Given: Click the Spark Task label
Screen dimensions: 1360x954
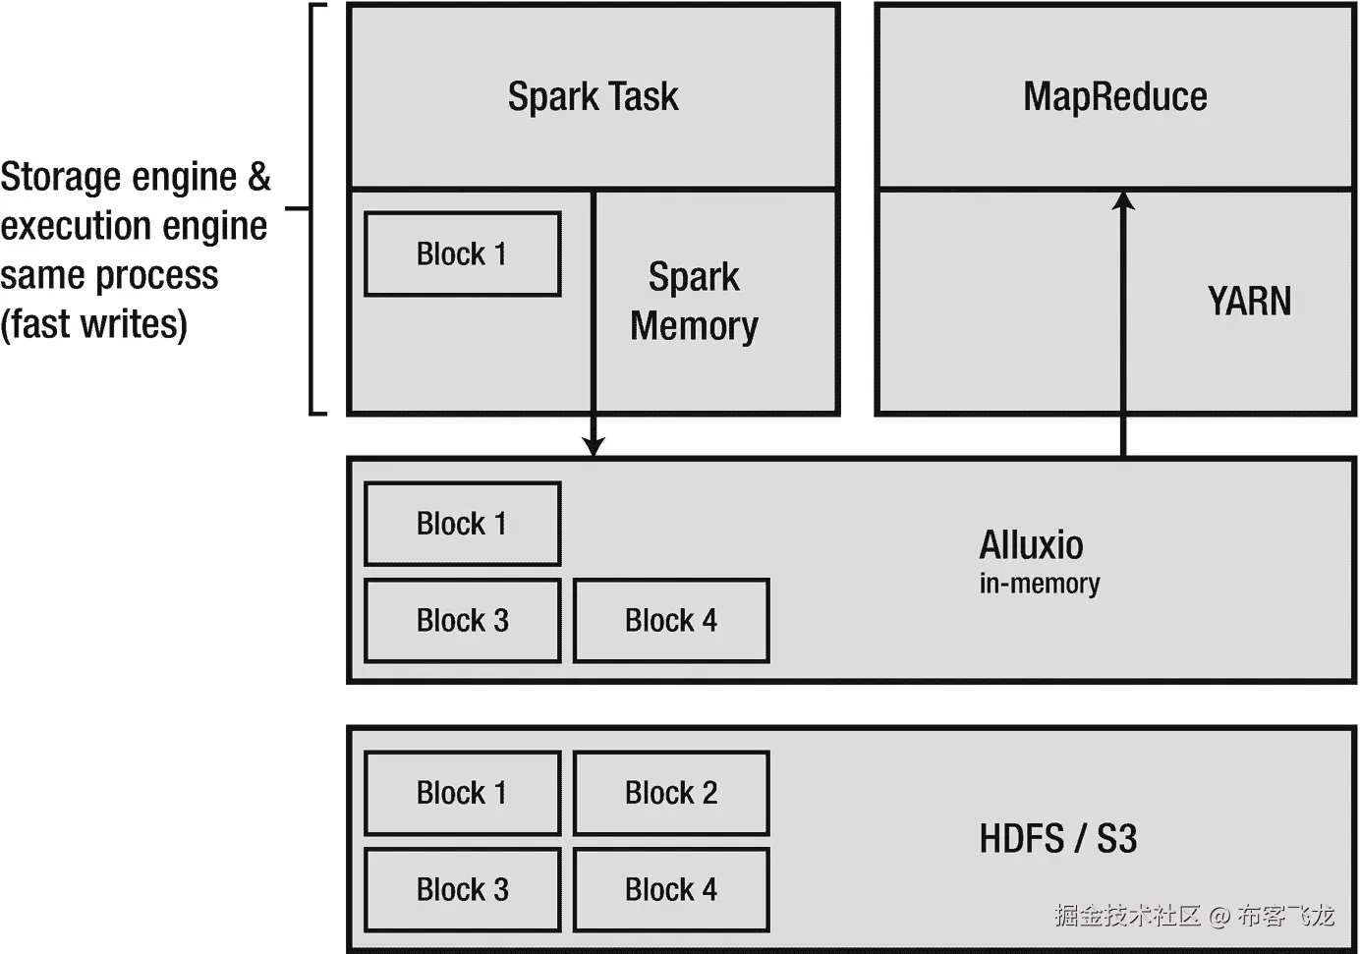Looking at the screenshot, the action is (x=594, y=96).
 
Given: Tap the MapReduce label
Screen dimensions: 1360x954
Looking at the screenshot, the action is (x=1115, y=96).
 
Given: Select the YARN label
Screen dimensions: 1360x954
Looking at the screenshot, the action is (x=1250, y=301).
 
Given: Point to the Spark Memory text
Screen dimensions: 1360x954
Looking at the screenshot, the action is (x=694, y=302).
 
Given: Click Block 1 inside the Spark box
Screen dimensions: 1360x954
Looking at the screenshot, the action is (x=462, y=253).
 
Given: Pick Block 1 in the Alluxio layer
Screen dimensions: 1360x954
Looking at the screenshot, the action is (x=462, y=524).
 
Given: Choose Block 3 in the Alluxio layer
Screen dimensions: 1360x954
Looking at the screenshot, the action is (x=462, y=620).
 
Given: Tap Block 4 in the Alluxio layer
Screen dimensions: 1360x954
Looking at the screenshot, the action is (x=671, y=620).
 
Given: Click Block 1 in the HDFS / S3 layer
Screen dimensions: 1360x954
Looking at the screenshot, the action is (x=462, y=793).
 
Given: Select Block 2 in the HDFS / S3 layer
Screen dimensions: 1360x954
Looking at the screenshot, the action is (x=671, y=793).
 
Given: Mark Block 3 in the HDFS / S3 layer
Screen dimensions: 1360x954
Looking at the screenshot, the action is (x=462, y=890).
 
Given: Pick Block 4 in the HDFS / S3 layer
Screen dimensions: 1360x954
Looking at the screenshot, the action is (x=671, y=890).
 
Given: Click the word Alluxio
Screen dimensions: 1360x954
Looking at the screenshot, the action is (x=1031, y=544).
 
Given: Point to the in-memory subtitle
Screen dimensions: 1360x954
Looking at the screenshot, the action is (x=1040, y=584).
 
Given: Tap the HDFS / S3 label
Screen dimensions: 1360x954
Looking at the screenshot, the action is (x=1057, y=838).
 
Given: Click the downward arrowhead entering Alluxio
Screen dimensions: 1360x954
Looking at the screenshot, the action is (x=594, y=447).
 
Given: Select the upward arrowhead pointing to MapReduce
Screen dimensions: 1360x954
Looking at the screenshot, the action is (x=1123, y=200).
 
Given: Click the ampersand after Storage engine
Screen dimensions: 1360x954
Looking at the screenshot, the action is (x=258, y=177).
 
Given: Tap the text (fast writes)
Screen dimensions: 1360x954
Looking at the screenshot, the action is (x=93, y=324).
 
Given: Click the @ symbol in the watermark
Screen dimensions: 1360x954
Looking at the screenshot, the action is (x=1220, y=916).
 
